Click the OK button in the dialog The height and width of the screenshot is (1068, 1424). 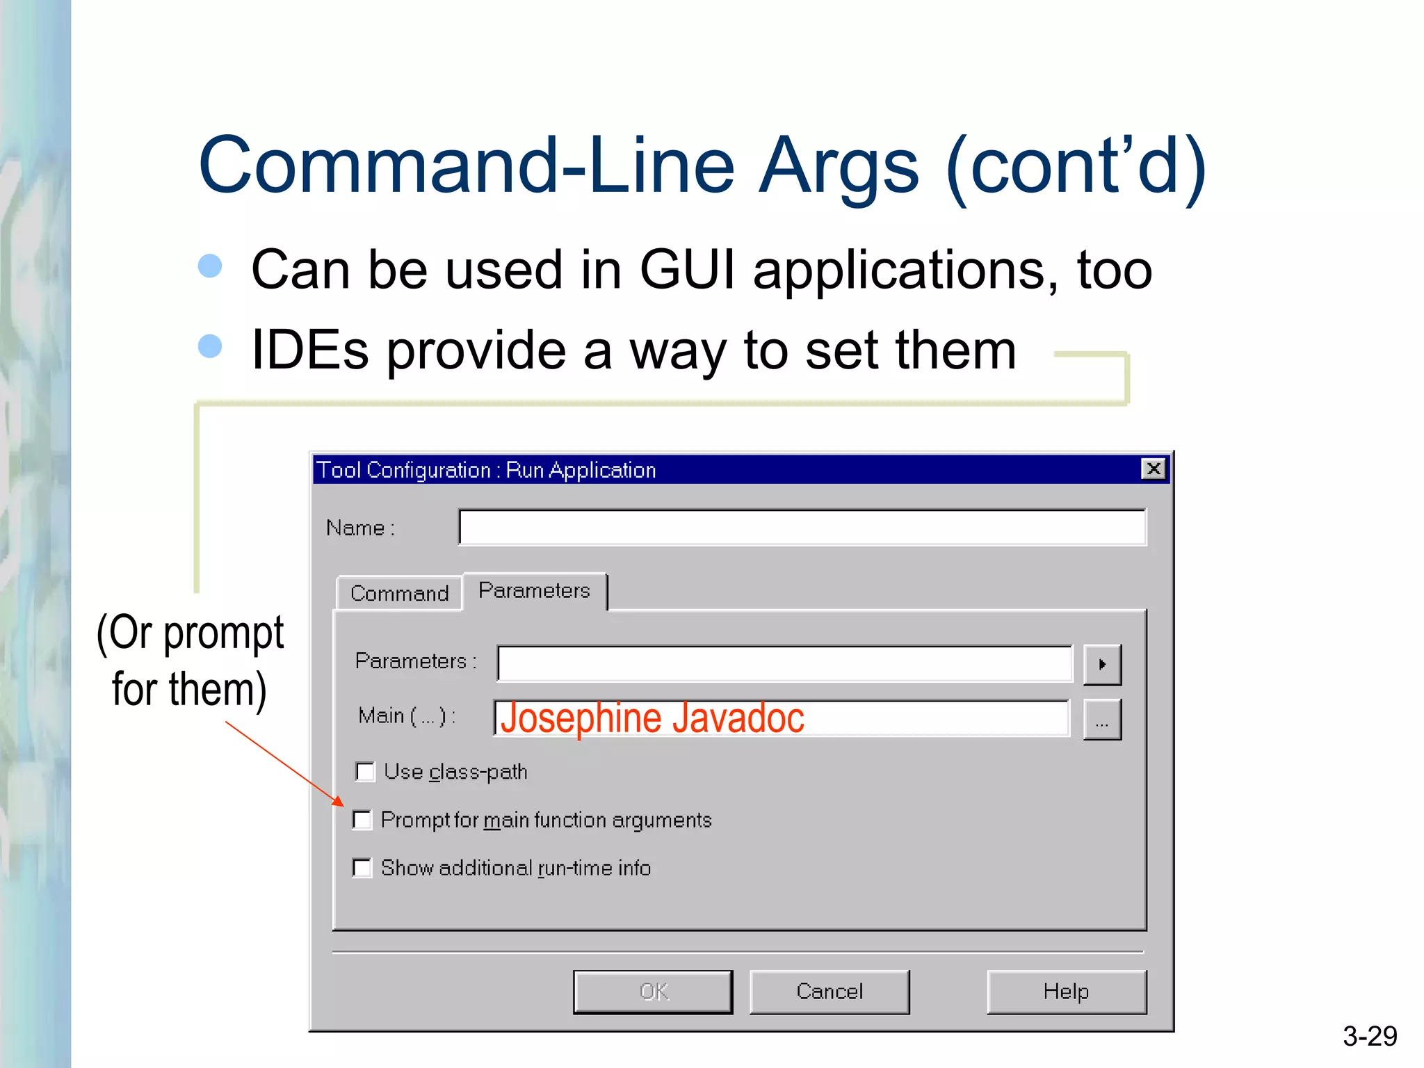652,992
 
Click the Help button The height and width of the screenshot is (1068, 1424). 1066,992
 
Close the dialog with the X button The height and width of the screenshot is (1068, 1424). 1154,469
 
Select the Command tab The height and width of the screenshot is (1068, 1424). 399,593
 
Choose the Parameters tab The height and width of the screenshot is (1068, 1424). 534,591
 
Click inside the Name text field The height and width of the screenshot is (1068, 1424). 802,528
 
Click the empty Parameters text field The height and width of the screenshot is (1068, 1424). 784,663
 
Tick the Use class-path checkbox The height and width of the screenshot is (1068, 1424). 365,772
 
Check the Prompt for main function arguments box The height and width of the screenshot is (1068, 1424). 362,820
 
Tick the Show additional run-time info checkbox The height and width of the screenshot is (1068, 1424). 362,868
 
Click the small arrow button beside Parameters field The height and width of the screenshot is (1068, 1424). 1102,665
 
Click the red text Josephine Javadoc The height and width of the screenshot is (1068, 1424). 652,718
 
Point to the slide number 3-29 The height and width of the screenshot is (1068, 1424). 1369,1036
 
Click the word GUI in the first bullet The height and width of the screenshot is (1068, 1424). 686,270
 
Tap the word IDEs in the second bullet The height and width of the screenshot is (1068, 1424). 309,350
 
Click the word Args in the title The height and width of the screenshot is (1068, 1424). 839,166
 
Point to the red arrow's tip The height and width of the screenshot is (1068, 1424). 343,805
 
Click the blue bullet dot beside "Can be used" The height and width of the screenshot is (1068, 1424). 210,266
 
